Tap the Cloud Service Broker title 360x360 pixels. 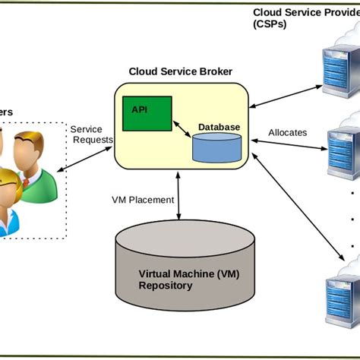pyautogui.click(x=180, y=71)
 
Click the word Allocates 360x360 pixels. pyautogui.click(x=287, y=132)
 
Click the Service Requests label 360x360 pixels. pyautogui.click(x=91, y=134)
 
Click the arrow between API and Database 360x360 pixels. pyautogui.click(x=182, y=130)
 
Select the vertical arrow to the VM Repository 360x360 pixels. pyautogui.click(x=178, y=198)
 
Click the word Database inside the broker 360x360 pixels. pyautogui.click(x=219, y=127)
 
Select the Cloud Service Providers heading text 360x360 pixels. pyautogui.click(x=304, y=17)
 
